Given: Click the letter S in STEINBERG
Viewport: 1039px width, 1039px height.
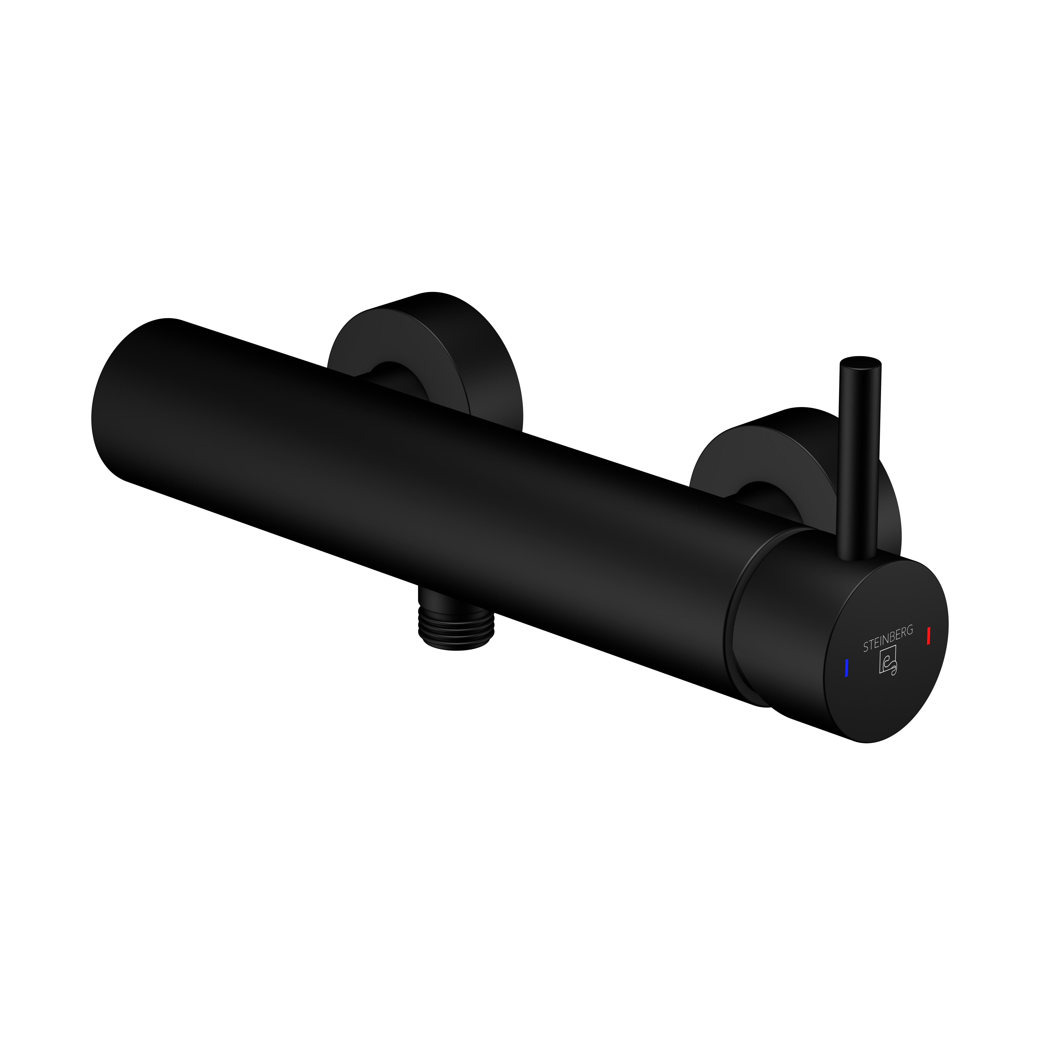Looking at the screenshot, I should pos(865,649).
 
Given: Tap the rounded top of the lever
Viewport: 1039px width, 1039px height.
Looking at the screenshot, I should pos(861,361).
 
